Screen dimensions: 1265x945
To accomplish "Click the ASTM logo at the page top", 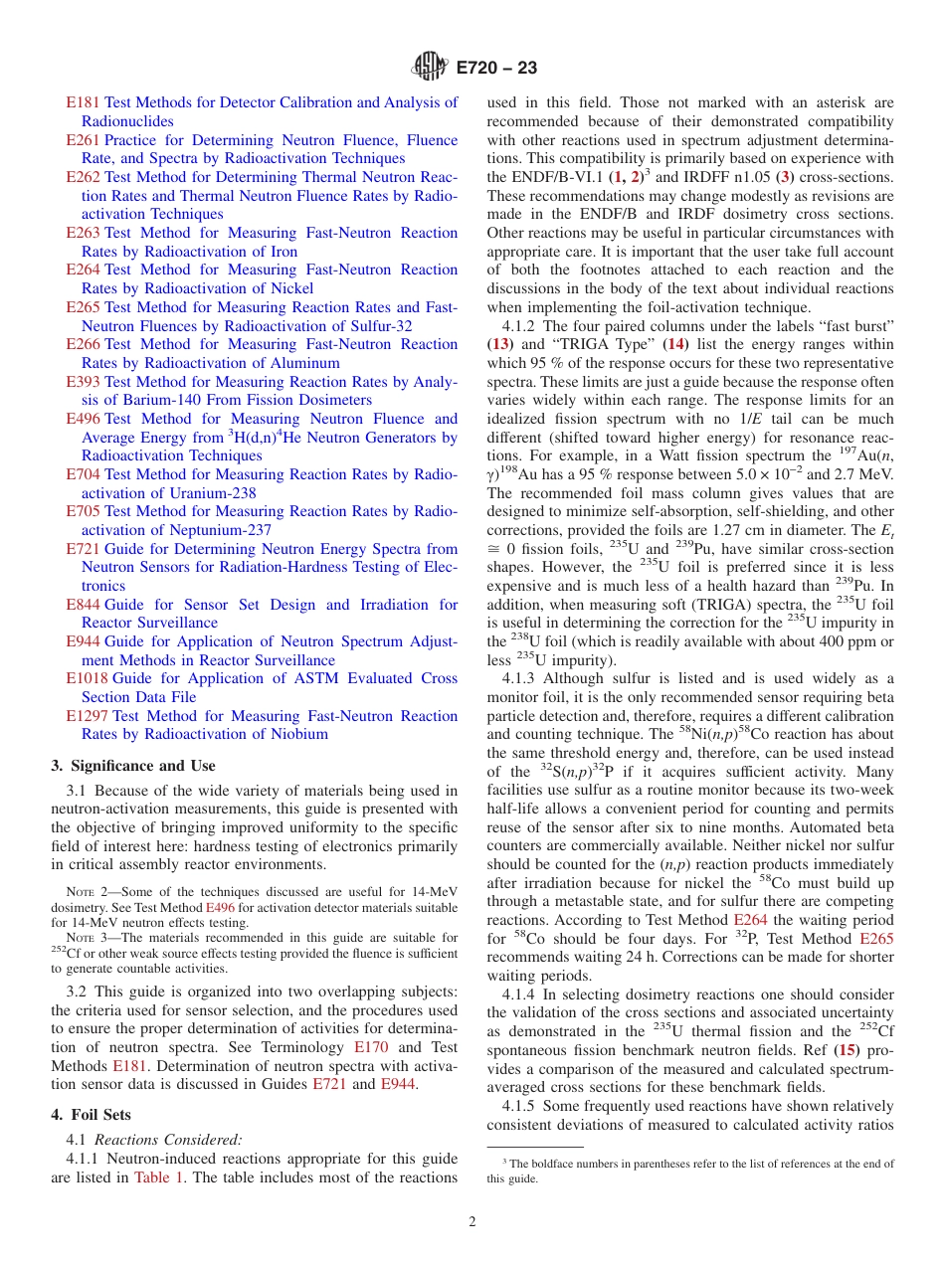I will click(x=431, y=68).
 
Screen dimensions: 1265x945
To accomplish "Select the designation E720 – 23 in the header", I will click(x=496, y=68).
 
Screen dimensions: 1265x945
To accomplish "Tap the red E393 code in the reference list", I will click(x=83, y=382).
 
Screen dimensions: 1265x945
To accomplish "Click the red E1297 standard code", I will click(x=87, y=716).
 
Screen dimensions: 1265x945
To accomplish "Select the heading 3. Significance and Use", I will click(x=132, y=766).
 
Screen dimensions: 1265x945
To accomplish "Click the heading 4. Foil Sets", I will click(x=91, y=1116).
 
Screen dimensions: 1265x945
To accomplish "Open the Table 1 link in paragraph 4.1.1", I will click(x=158, y=1177).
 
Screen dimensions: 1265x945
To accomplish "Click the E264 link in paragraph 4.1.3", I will click(x=750, y=920).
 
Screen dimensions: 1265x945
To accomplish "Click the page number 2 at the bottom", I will click(x=472, y=1222).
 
